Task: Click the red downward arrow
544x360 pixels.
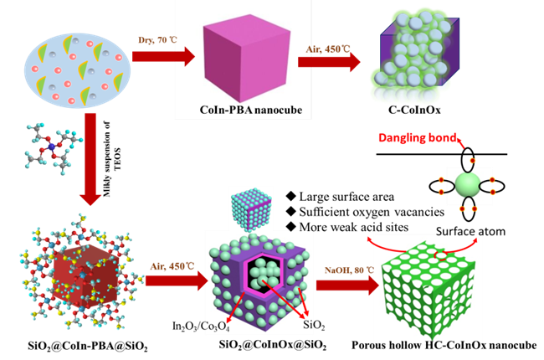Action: (90, 159)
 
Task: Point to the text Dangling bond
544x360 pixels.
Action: (419, 137)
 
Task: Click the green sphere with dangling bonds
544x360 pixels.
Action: (469, 184)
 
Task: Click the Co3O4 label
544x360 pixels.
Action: (215, 326)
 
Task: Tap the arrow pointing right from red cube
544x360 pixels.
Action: (176, 279)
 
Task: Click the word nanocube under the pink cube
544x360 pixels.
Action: (278, 110)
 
